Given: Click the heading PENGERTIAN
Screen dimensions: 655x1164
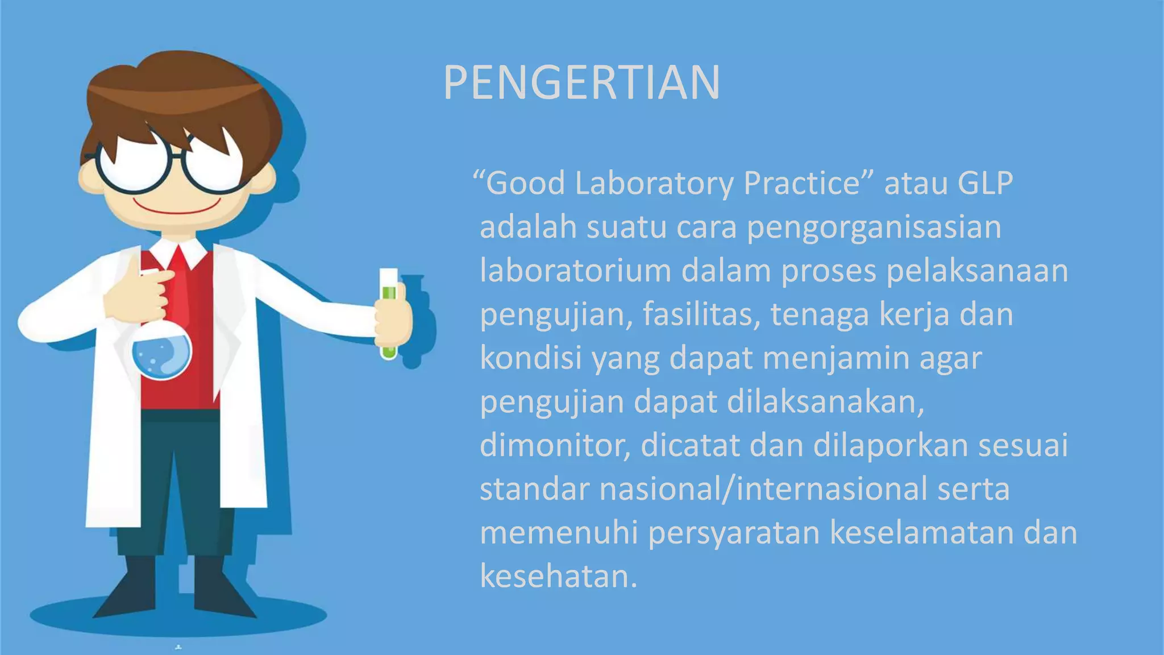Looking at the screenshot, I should click(581, 83).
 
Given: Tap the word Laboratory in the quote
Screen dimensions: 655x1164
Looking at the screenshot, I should click(654, 184).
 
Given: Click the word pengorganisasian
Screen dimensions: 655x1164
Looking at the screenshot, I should click(874, 227).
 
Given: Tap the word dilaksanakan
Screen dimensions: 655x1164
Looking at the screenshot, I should click(825, 402).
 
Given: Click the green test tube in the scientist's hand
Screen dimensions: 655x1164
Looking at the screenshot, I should click(389, 313).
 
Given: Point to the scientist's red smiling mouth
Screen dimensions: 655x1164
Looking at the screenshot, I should click(176, 208).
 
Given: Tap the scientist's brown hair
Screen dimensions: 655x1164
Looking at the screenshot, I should click(182, 91).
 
